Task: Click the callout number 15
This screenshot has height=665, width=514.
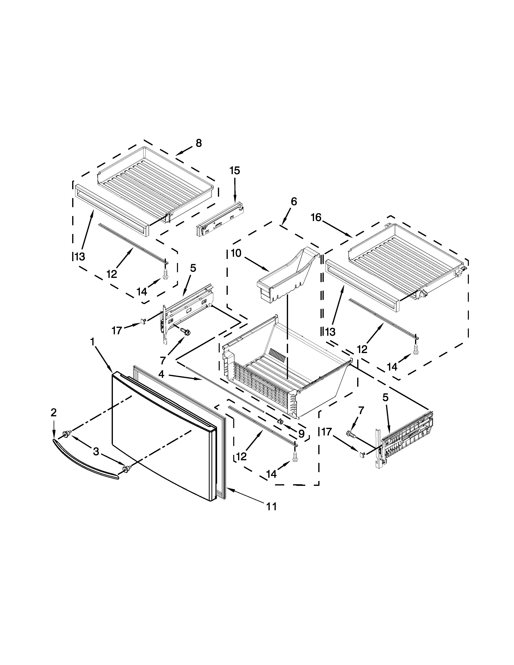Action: tap(235, 170)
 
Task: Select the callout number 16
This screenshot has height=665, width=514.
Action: tap(316, 217)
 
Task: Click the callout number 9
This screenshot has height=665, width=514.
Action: tap(301, 434)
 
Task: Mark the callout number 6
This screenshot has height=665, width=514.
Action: tap(293, 202)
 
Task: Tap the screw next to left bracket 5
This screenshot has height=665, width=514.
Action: tap(185, 331)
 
